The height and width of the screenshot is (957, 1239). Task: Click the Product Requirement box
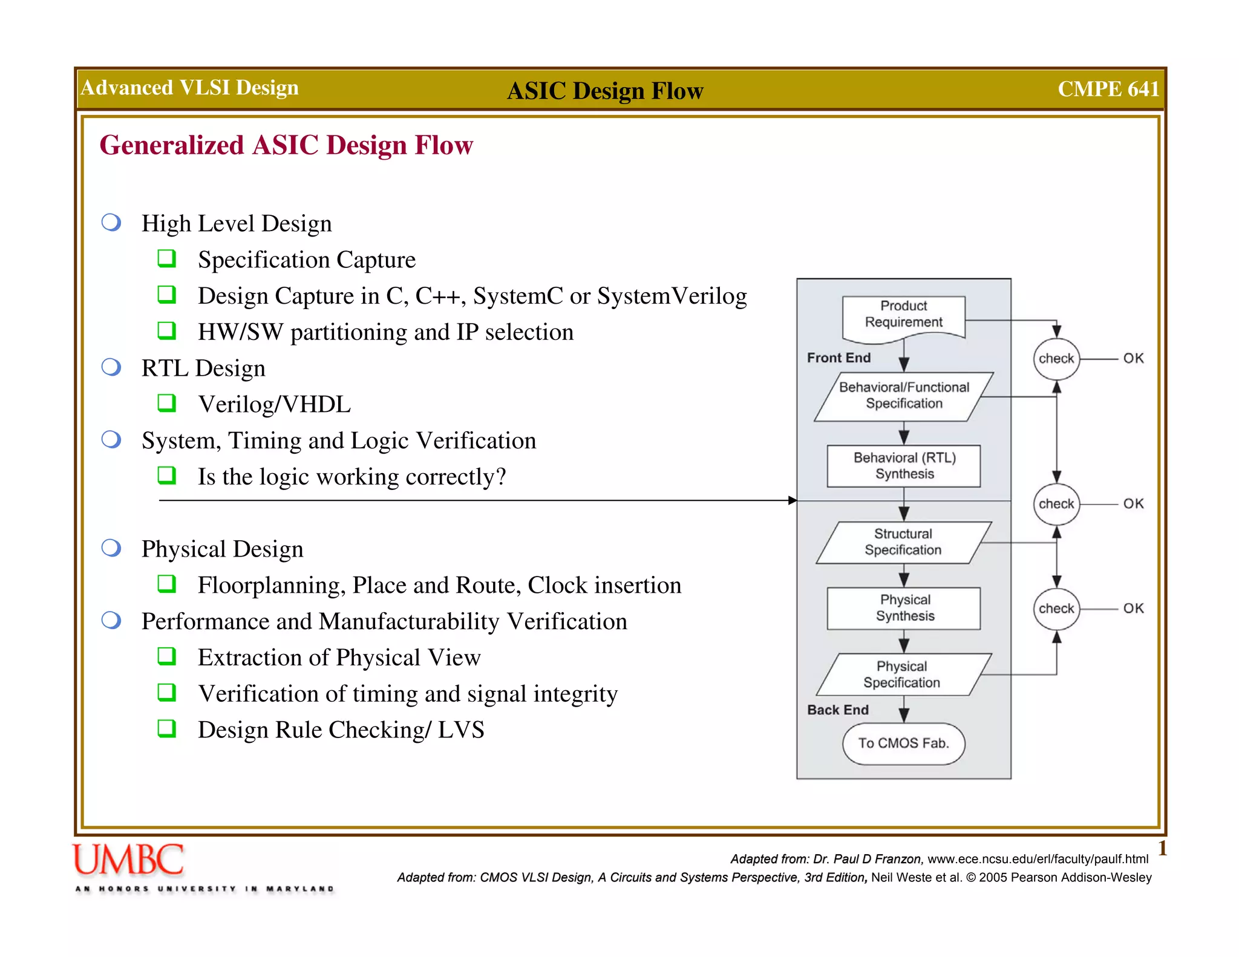[903, 315]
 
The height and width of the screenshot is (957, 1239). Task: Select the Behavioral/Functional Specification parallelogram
[904, 396]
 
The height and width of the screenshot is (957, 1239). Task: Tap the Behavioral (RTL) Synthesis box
[904, 466]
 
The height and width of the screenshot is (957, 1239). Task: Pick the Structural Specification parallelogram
[903, 542]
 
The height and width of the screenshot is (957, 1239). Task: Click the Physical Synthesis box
[904, 608]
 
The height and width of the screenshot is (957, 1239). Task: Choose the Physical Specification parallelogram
[903, 674]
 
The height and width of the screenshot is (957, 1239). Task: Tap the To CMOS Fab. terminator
[903, 743]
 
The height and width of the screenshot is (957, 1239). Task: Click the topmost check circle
[1056, 359]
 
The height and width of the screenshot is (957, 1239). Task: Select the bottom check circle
[1056, 609]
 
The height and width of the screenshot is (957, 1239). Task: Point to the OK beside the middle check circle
[1133, 504]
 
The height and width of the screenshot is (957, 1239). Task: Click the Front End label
[839, 358]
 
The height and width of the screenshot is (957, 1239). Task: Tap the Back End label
[838, 710]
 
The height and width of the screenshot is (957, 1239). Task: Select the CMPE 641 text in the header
[1108, 89]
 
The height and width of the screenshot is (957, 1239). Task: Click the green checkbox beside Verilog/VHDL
[166, 403]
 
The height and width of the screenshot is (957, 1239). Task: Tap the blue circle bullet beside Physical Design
[111, 548]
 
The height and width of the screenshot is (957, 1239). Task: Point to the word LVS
[461, 730]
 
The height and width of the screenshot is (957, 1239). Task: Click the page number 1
[1162, 848]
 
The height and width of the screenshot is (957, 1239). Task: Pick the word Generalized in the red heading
[172, 145]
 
